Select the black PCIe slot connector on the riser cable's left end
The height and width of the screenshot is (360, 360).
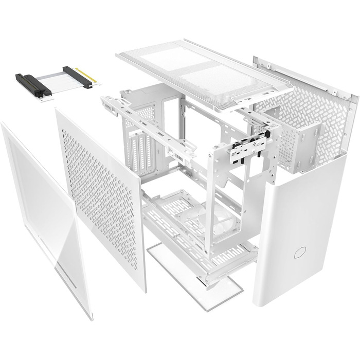click(x=33, y=84)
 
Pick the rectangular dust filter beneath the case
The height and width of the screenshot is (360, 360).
click(x=195, y=273)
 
